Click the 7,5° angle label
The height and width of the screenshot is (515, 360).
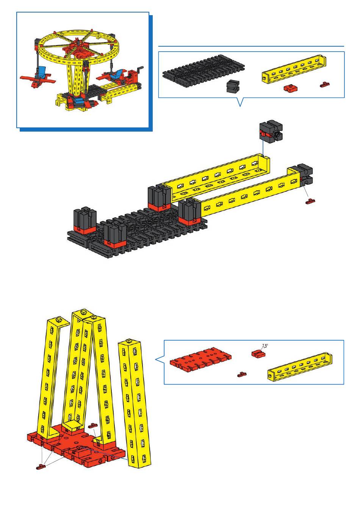265,346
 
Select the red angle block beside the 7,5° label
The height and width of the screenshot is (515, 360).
258,353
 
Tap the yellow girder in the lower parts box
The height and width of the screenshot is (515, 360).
300,367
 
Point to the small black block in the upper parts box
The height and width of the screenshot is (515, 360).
233,86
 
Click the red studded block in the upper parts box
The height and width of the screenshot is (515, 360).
291,88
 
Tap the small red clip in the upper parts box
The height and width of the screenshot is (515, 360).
325,85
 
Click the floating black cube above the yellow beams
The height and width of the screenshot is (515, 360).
271,130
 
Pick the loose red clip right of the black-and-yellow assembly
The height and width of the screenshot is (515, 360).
310,201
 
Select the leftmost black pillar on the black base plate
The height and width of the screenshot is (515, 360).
85,220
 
